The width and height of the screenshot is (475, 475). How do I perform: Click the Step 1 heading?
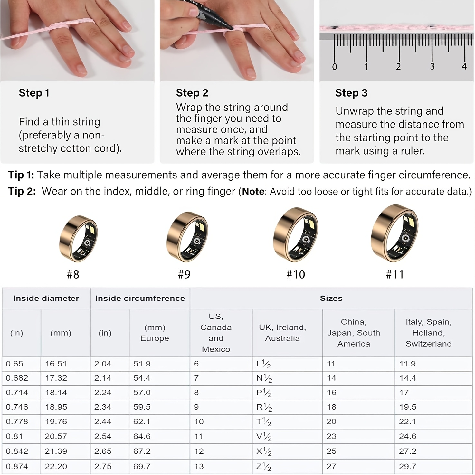point(34,93)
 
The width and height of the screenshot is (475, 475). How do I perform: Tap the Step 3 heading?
point(351,93)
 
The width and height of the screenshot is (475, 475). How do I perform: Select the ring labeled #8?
point(78,239)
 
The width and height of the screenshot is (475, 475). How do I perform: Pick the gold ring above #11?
point(394,233)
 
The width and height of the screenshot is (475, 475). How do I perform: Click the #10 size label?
point(296,274)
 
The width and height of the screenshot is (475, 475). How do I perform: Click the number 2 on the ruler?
point(398,67)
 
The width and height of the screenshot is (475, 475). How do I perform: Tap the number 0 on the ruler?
point(335,67)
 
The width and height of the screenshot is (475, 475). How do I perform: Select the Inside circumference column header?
point(140,299)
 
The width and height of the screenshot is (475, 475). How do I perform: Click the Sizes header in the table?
point(331,299)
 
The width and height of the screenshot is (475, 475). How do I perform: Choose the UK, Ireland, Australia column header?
point(282,333)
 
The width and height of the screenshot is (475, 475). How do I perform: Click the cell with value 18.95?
point(56,407)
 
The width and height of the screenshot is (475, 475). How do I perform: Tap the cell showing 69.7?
point(142,466)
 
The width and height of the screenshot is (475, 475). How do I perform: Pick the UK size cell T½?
point(263,422)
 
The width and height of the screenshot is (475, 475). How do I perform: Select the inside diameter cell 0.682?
point(17,378)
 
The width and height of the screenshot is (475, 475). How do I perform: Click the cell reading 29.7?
point(408,466)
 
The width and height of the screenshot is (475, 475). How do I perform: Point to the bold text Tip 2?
point(22,191)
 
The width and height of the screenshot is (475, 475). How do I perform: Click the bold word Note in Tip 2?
point(253,192)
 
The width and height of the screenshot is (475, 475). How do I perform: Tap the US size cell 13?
point(199,466)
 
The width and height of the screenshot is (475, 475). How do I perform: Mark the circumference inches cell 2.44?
point(103,422)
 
